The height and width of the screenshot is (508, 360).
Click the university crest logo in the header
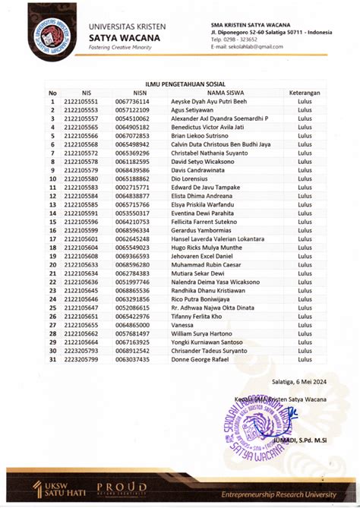click(x=52, y=32)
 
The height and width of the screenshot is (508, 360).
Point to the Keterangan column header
click(x=305, y=93)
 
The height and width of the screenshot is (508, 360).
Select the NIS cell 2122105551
click(x=81, y=101)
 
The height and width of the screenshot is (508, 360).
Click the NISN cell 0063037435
click(x=132, y=359)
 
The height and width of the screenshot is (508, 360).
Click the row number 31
click(x=53, y=359)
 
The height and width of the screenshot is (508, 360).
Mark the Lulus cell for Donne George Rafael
click(x=305, y=359)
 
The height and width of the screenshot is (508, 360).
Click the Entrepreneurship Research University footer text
click(x=279, y=494)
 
